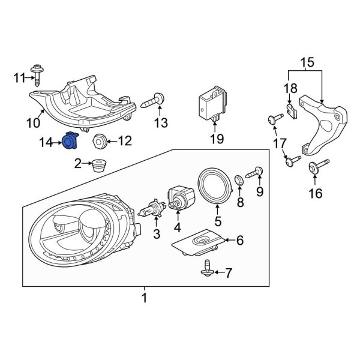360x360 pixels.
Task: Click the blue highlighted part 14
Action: pyautogui.click(x=71, y=142)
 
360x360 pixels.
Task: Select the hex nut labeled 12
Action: pyautogui.click(x=100, y=142)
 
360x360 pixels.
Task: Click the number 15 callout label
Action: pyautogui.click(x=307, y=62)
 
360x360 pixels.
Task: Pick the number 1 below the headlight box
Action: pyautogui.click(x=144, y=296)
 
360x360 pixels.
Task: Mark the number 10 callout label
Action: pyautogui.click(x=32, y=123)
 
